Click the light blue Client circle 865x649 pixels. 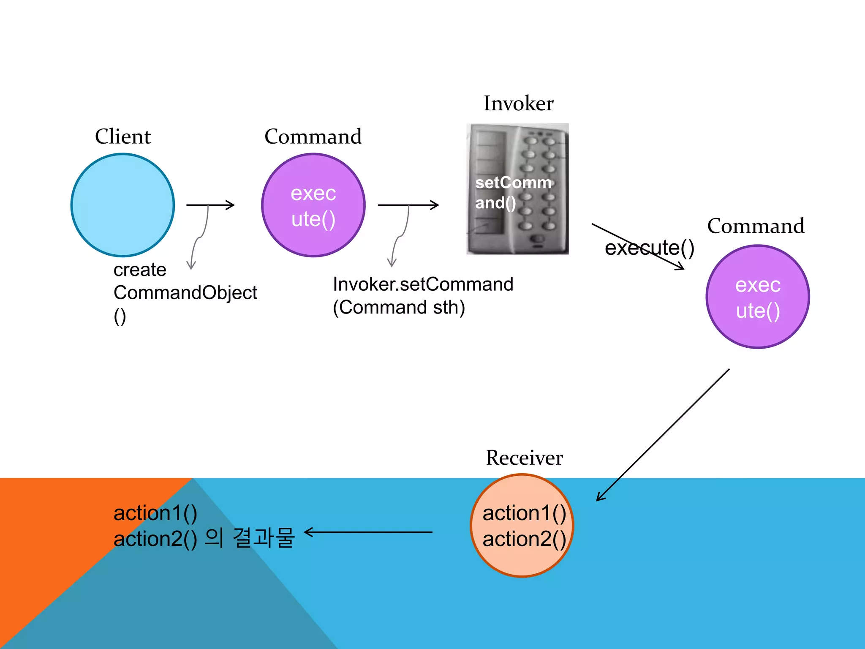click(x=122, y=205)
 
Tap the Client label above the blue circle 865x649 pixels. click(x=122, y=136)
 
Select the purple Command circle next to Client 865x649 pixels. click(x=313, y=205)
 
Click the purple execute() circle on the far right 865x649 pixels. click(x=758, y=297)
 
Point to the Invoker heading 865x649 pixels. click(x=518, y=104)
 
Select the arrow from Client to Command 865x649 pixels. click(x=210, y=205)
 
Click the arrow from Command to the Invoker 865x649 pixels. click(x=408, y=205)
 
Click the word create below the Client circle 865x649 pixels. click(x=140, y=270)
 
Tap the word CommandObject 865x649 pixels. click(x=185, y=292)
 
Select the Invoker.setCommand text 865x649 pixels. click(x=423, y=284)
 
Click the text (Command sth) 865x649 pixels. click(x=399, y=307)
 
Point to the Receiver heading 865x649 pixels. click(x=524, y=458)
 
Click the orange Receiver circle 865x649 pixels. click(x=522, y=526)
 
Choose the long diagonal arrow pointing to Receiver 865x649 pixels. click(x=662, y=435)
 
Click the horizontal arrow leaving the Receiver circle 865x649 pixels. click(x=368, y=532)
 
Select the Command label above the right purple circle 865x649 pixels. click(x=756, y=226)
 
